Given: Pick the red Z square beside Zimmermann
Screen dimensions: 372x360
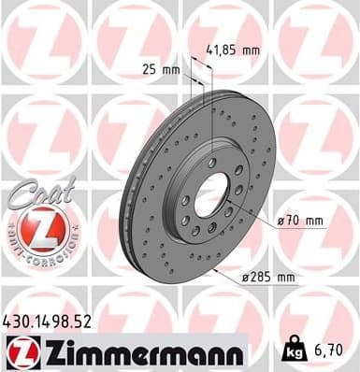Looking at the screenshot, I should point(21,353).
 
